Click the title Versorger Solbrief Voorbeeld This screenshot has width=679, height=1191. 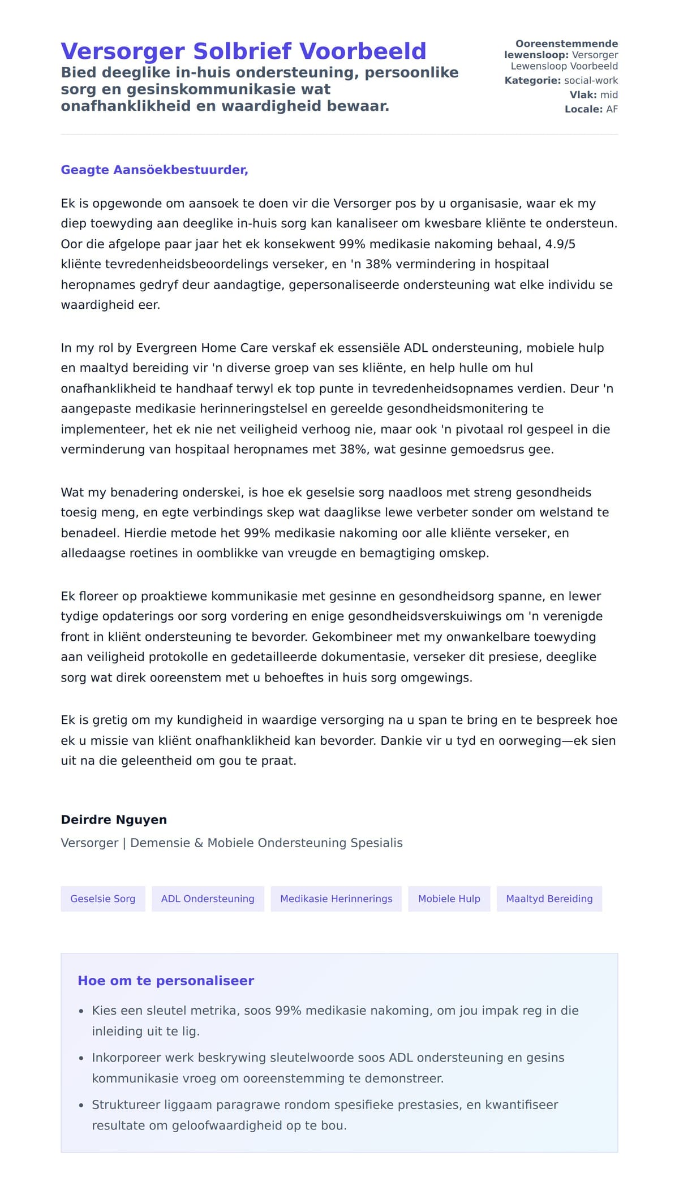243,51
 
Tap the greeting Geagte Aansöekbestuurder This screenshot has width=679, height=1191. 154,170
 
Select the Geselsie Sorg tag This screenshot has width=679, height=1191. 102,899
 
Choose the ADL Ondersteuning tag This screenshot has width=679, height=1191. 208,899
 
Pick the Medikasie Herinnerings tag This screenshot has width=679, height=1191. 336,899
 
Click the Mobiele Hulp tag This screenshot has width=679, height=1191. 449,899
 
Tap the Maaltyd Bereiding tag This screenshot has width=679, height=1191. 549,899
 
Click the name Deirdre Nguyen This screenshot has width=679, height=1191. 114,819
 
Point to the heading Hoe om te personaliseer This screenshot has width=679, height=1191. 166,981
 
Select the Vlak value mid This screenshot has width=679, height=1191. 609,94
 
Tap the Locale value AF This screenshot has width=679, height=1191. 612,109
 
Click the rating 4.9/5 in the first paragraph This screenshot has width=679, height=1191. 560,244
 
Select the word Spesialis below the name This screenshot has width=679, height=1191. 376,843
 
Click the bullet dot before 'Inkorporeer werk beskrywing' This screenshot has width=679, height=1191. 81,1058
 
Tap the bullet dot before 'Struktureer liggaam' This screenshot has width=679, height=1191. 81,1105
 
